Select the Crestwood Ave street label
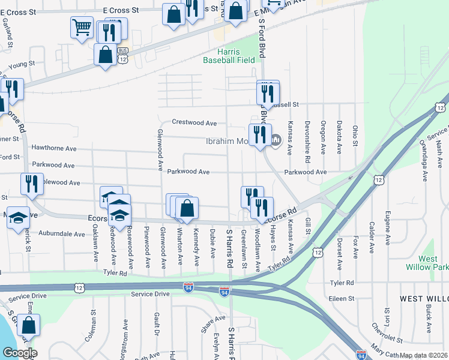coord(194,122)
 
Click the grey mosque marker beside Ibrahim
coord(276,141)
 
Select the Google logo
coord(19,352)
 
